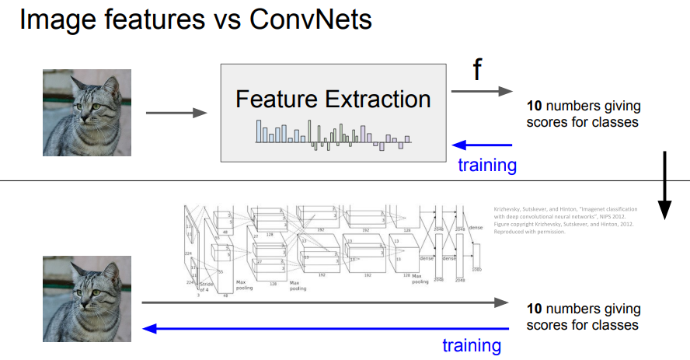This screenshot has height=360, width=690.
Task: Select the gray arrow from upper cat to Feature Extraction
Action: click(x=176, y=113)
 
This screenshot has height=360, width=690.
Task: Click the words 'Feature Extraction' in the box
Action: click(x=333, y=100)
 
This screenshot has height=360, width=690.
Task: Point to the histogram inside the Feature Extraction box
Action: click(x=333, y=134)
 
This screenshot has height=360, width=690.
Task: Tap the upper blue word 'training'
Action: click(x=486, y=165)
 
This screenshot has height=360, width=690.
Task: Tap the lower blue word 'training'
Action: click(x=471, y=344)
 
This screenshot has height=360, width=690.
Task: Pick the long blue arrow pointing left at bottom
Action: click(x=326, y=329)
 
